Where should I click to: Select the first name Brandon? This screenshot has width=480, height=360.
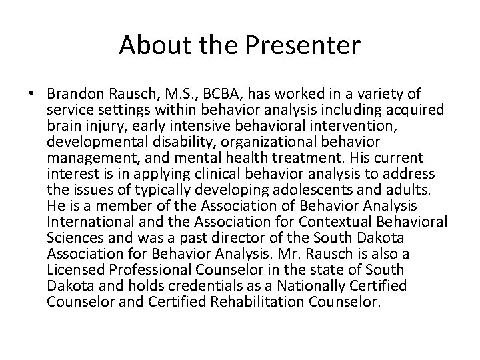75,93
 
